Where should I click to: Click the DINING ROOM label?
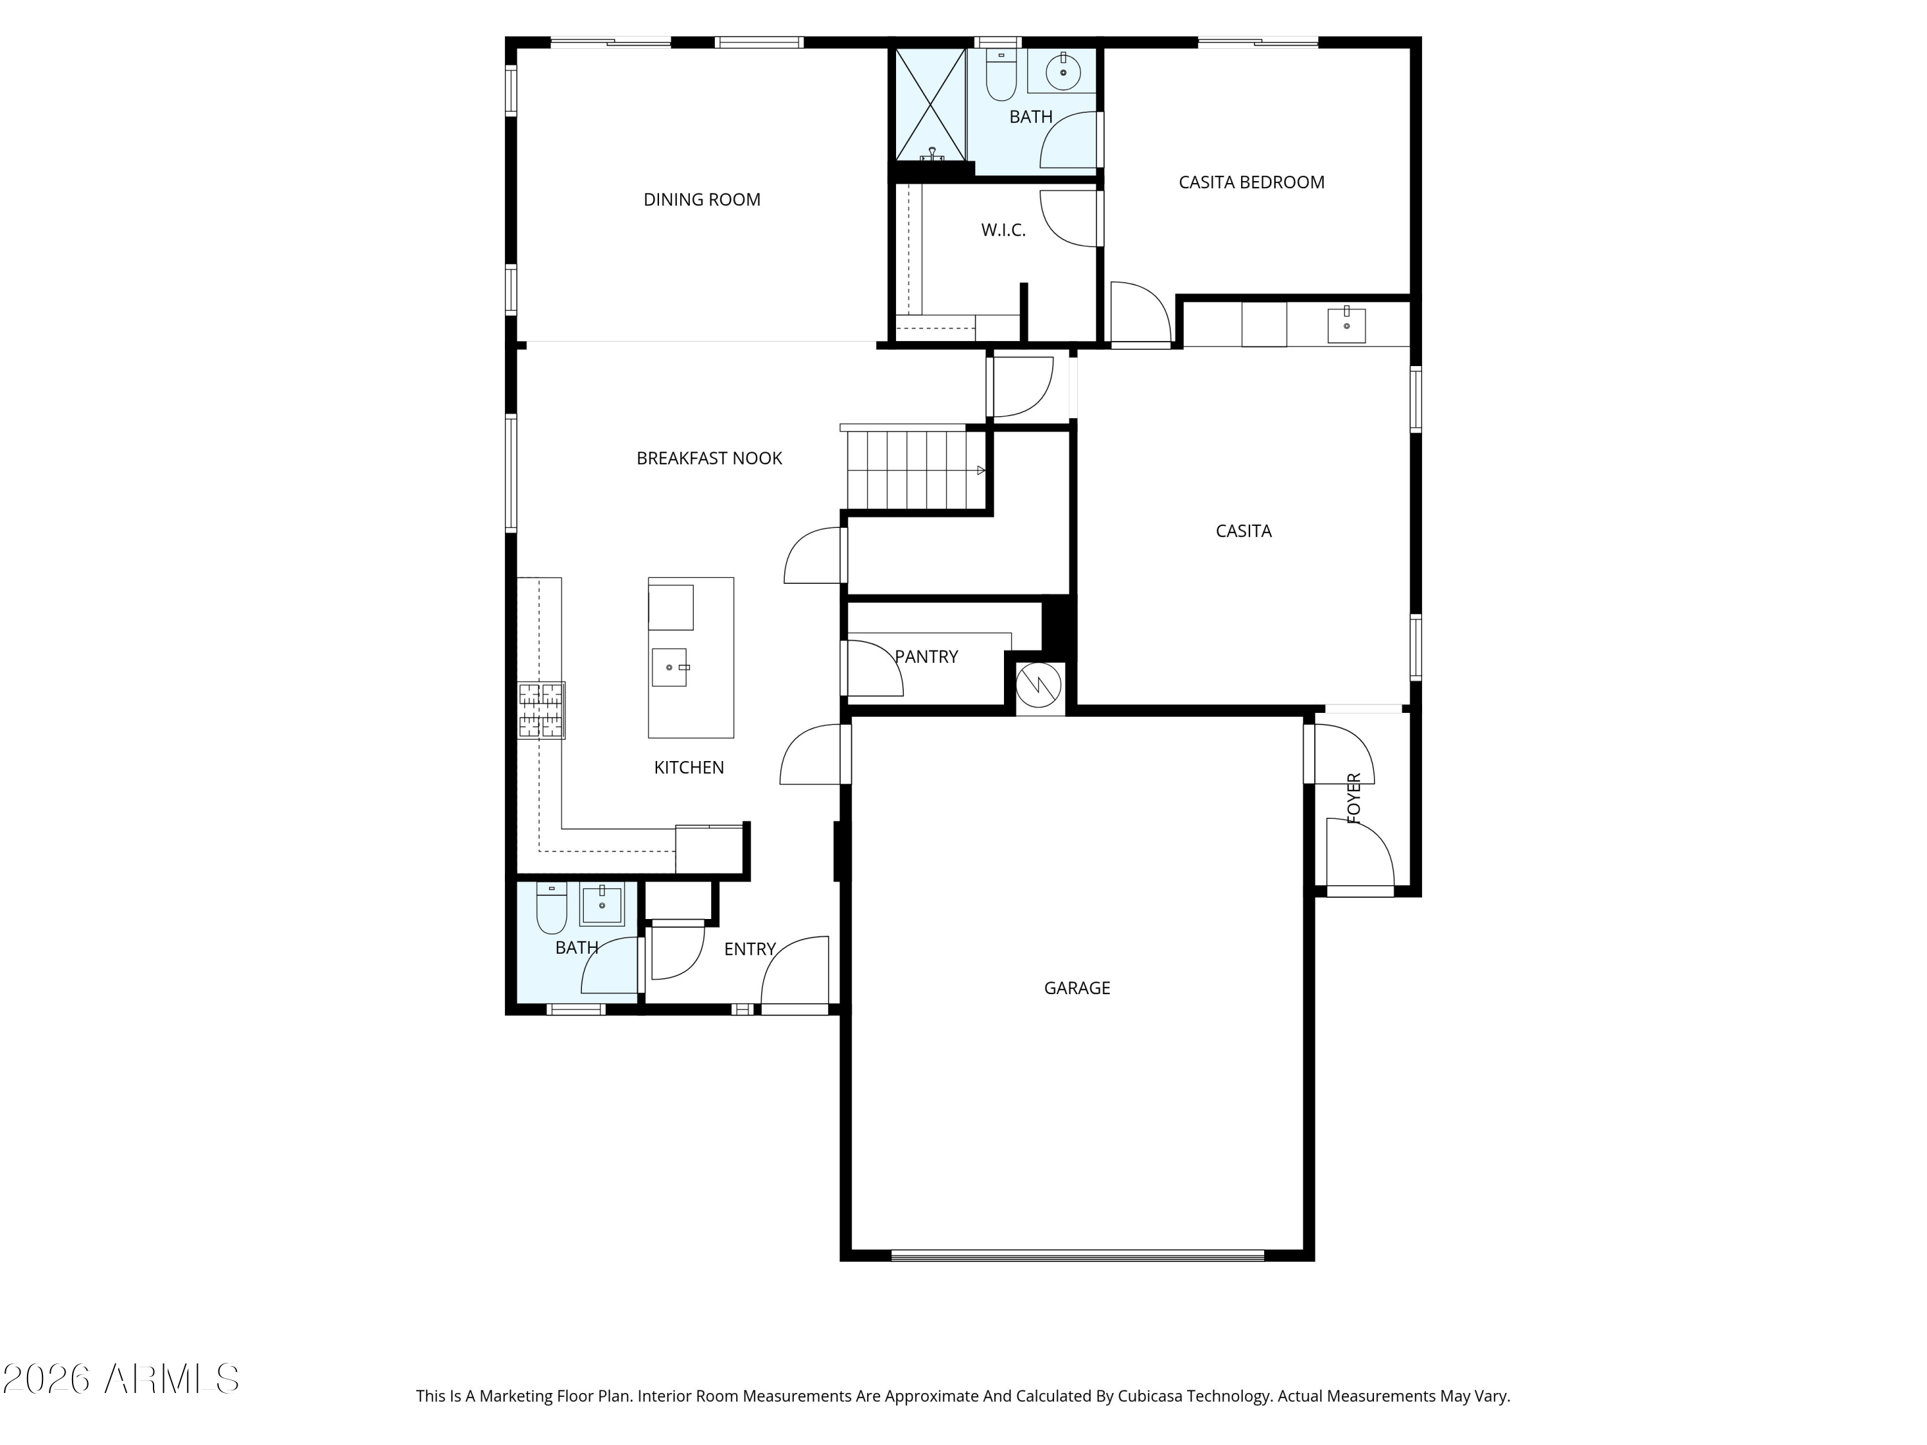click(x=701, y=200)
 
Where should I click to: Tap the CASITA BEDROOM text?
click(x=1251, y=182)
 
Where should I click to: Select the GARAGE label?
click(x=1077, y=988)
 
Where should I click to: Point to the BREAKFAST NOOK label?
click(x=709, y=458)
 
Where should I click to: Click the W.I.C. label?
click(x=1003, y=230)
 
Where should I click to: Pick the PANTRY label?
click(x=926, y=657)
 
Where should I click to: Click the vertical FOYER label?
click(x=1354, y=798)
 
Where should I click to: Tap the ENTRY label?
click(x=749, y=949)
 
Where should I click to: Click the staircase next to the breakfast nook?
click(x=915, y=470)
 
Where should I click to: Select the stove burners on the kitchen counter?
click(x=541, y=710)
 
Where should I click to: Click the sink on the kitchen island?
click(x=670, y=667)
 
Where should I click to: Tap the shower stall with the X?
click(x=930, y=105)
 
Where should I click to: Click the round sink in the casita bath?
click(x=1063, y=71)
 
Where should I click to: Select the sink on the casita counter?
click(x=1346, y=325)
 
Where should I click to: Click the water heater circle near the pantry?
click(x=1040, y=685)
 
